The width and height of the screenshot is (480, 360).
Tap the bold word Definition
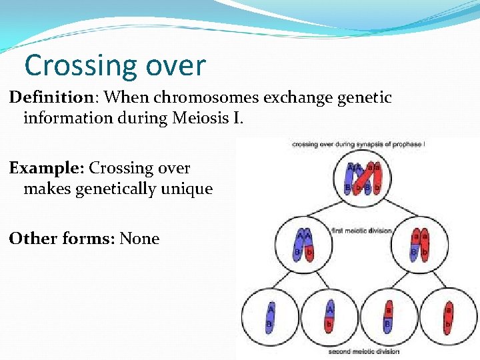coord(51,98)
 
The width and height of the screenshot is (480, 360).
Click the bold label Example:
coord(47,168)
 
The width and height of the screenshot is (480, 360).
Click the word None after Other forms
coord(139,239)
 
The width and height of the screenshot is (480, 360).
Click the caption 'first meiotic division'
coord(361,231)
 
